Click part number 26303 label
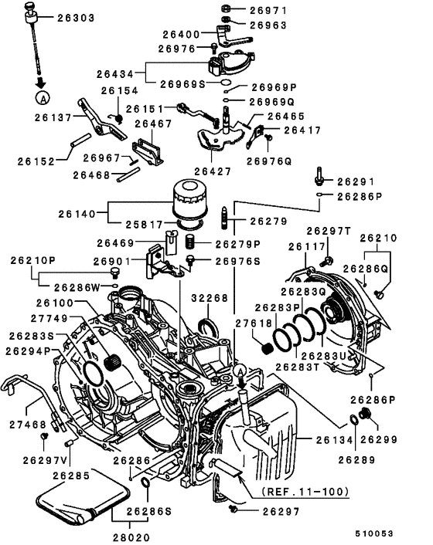tap(76, 18)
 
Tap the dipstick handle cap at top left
tap(31, 7)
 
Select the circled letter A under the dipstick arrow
tap(43, 98)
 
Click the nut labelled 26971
tap(226, 8)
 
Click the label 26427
tap(213, 171)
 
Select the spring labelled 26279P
tap(189, 242)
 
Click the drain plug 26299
tap(366, 414)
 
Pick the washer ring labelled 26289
tap(353, 420)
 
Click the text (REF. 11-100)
tap(305, 491)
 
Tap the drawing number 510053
tap(373, 533)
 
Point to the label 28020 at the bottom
tap(131, 537)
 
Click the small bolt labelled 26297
tap(233, 509)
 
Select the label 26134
tap(335, 440)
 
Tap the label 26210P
tap(32, 260)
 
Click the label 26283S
tap(32, 336)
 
